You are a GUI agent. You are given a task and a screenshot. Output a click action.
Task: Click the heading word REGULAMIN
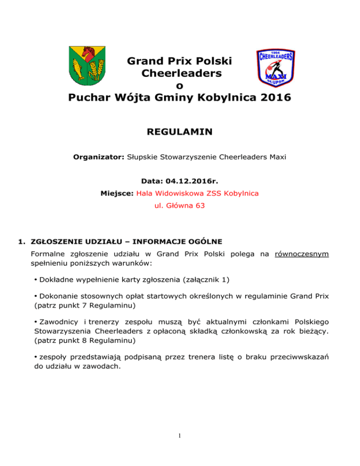[x=180, y=134]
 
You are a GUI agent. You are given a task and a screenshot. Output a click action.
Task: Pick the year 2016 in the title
[x=276, y=98]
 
